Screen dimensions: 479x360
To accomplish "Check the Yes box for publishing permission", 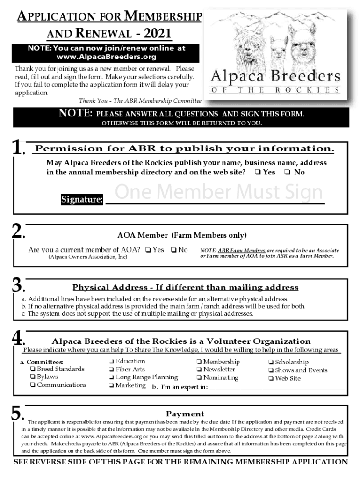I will tap(258, 172).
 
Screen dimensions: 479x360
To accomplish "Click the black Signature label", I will tap(82, 200).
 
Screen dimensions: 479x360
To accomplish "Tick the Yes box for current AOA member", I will tap(148, 250).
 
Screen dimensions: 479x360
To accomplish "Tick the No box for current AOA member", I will tap(173, 250).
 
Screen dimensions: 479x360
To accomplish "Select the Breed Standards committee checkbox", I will tap(33, 370).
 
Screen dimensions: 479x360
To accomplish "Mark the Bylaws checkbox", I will tap(33, 377).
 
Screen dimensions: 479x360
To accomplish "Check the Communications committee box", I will tap(33, 385).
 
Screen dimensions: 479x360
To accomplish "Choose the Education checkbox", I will tap(111, 362).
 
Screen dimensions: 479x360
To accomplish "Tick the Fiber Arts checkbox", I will tap(111, 370).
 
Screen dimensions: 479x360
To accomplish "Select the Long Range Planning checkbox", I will tap(111, 377).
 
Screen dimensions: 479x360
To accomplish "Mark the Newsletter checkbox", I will tap(199, 370).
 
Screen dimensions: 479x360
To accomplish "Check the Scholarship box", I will tap(271, 363).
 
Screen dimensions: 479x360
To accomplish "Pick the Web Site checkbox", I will tap(271, 379).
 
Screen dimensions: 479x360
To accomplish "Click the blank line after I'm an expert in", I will tap(276, 387).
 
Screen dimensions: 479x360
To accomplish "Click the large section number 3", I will tap(17, 285).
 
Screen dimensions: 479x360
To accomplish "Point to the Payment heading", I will tap(185, 414).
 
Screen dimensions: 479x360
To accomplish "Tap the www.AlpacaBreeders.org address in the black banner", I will tap(106, 57).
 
